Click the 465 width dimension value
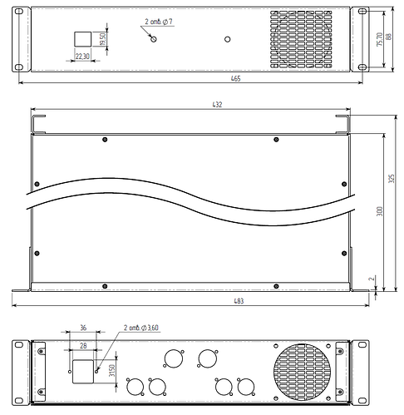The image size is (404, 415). [201, 79]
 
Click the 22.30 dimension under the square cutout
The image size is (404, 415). [82, 57]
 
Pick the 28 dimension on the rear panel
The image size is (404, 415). [82, 343]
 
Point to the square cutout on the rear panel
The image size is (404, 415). [82, 372]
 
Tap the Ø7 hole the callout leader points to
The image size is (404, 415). [153, 39]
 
